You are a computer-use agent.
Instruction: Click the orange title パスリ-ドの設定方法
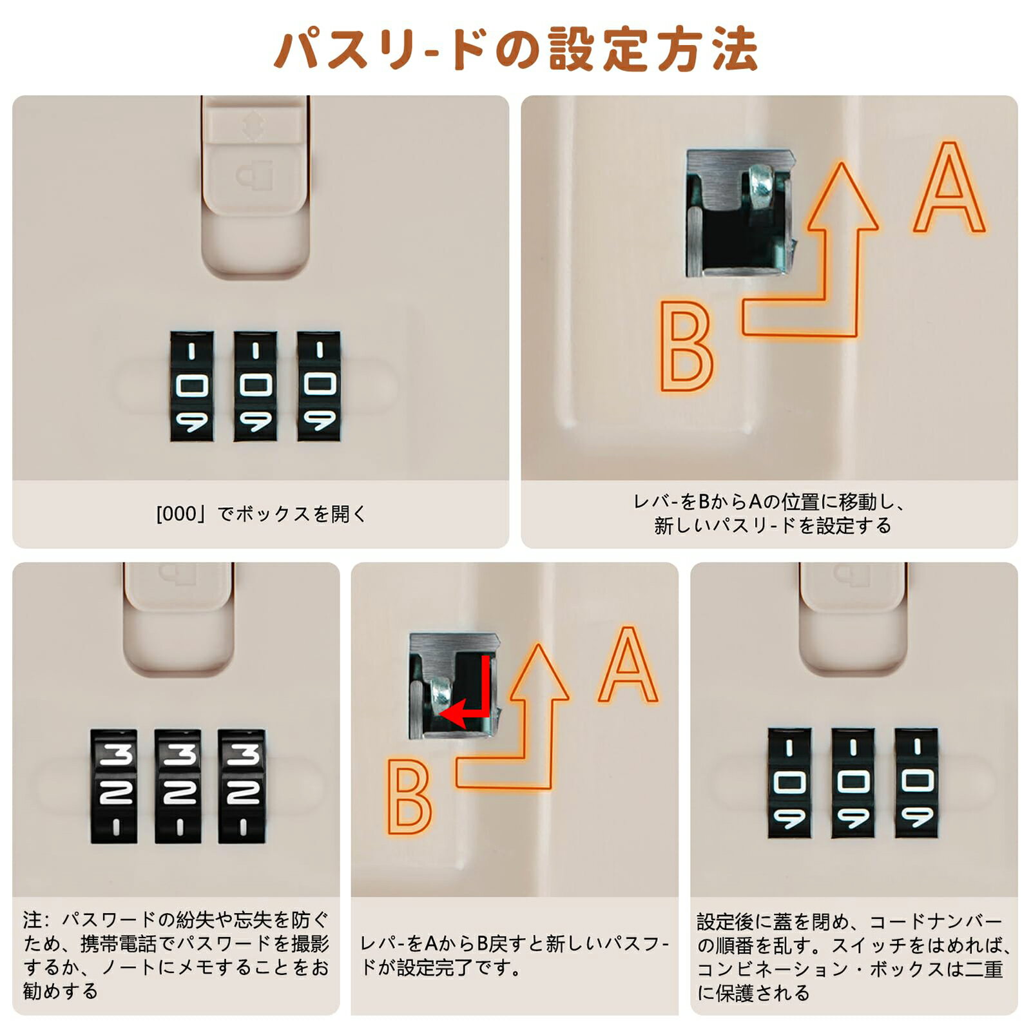pos(515,49)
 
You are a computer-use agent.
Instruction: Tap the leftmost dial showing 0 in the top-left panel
pos(191,386)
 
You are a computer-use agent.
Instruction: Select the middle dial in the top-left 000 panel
pos(255,386)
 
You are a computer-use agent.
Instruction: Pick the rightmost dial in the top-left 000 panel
pos(319,386)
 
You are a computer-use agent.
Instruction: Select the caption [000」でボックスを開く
pos(261,514)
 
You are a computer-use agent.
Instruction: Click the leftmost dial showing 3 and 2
pos(114,786)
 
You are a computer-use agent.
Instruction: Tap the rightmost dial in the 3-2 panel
pos(242,786)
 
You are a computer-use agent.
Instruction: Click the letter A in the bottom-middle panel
pos(628,665)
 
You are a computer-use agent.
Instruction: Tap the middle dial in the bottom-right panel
pos(853,783)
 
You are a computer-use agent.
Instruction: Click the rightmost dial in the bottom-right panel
pos(916,783)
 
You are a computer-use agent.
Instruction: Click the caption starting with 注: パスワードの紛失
pos(176,955)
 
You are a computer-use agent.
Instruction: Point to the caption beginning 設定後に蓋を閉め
pos(854,957)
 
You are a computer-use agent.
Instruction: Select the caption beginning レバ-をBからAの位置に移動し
pos(771,514)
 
